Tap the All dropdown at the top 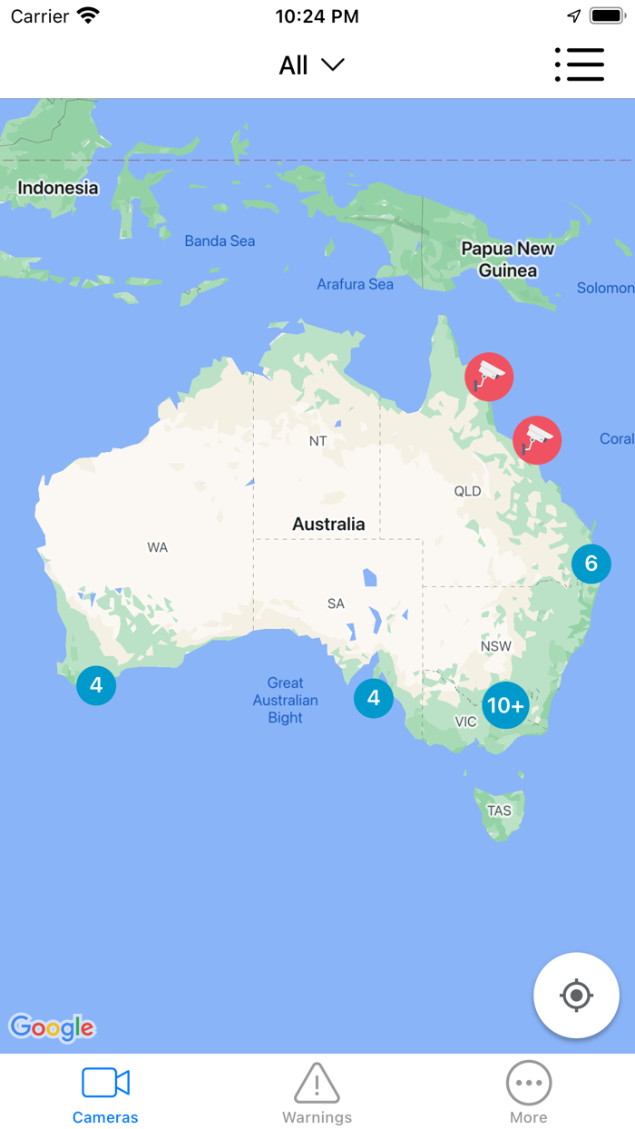point(311,65)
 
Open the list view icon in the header point(579,65)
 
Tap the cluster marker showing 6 point(591,564)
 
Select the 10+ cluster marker point(505,705)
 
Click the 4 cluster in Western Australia point(96,685)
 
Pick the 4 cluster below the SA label point(373,698)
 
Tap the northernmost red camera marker point(489,376)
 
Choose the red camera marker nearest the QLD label point(537,440)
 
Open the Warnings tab point(317,1093)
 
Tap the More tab point(528,1093)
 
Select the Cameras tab point(105,1093)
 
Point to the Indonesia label point(58,188)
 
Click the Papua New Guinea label point(507,260)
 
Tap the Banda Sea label point(220,241)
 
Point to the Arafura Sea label point(355,284)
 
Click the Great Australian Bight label point(285,700)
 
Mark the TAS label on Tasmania point(499,810)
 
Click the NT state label point(317,441)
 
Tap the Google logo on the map point(52,1027)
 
